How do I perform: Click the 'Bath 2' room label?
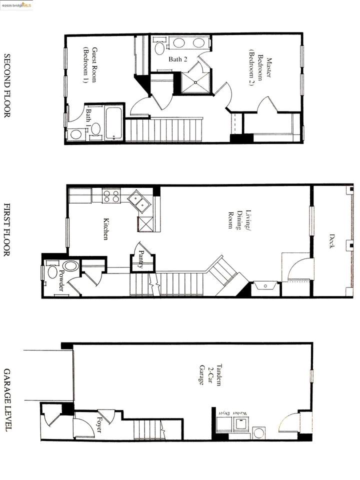[x=177, y=59]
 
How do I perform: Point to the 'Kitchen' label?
[x=106, y=228]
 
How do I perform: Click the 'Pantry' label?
[x=141, y=259]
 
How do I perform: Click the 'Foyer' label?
[x=99, y=424]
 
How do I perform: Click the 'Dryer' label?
[x=224, y=413]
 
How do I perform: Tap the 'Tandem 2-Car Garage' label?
[x=210, y=374]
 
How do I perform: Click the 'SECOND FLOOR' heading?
[x=7, y=85]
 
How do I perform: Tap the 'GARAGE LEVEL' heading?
[x=7, y=400]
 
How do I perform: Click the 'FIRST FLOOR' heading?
[x=7, y=229]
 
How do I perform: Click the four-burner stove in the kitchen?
[x=111, y=196]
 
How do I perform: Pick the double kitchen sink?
[x=139, y=201]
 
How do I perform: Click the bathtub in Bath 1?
[x=114, y=123]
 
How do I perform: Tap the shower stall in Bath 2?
[x=195, y=82]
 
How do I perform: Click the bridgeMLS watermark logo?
[x=17, y=5]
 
